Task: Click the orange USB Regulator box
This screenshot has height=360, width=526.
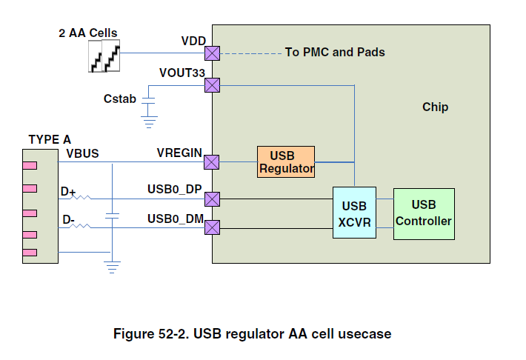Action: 286,162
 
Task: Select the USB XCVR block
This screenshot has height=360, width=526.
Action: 354,212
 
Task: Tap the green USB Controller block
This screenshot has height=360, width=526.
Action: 424,213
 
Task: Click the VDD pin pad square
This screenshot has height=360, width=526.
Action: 212,53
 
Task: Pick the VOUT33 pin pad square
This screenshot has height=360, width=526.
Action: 212,85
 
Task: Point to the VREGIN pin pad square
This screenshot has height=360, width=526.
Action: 212,162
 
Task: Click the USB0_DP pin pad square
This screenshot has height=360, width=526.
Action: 212,199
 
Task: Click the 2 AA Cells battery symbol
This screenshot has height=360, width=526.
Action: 104,56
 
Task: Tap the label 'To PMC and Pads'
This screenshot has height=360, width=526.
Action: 335,53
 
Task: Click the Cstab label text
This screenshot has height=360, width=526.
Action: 119,98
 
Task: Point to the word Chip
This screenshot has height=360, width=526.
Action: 435,107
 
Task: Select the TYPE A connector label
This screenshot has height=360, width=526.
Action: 50,139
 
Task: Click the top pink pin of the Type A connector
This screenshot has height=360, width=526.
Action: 29,167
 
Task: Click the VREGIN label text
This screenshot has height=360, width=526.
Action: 179,153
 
